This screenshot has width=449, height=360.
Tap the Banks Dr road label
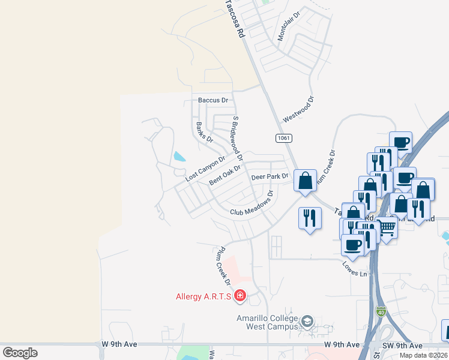click(x=205, y=132)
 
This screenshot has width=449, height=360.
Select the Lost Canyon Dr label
click(x=205, y=169)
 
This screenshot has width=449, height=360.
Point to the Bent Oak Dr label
click(x=224, y=176)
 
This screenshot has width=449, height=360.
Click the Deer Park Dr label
click(x=270, y=177)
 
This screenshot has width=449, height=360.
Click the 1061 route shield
click(x=284, y=138)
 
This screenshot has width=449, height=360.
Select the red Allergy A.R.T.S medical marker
click(x=240, y=295)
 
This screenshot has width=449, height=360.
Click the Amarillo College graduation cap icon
click(x=308, y=322)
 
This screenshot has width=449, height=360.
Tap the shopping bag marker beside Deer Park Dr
click(x=305, y=180)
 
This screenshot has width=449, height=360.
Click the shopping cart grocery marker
click(x=387, y=229)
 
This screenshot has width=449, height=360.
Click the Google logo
click(x=20, y=353)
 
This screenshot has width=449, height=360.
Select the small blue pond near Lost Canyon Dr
click(x=179, y=158)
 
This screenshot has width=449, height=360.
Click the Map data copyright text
click(x=415, y=355)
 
